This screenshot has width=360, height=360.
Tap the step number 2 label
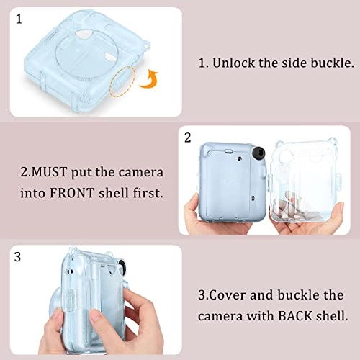click(188, 136)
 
